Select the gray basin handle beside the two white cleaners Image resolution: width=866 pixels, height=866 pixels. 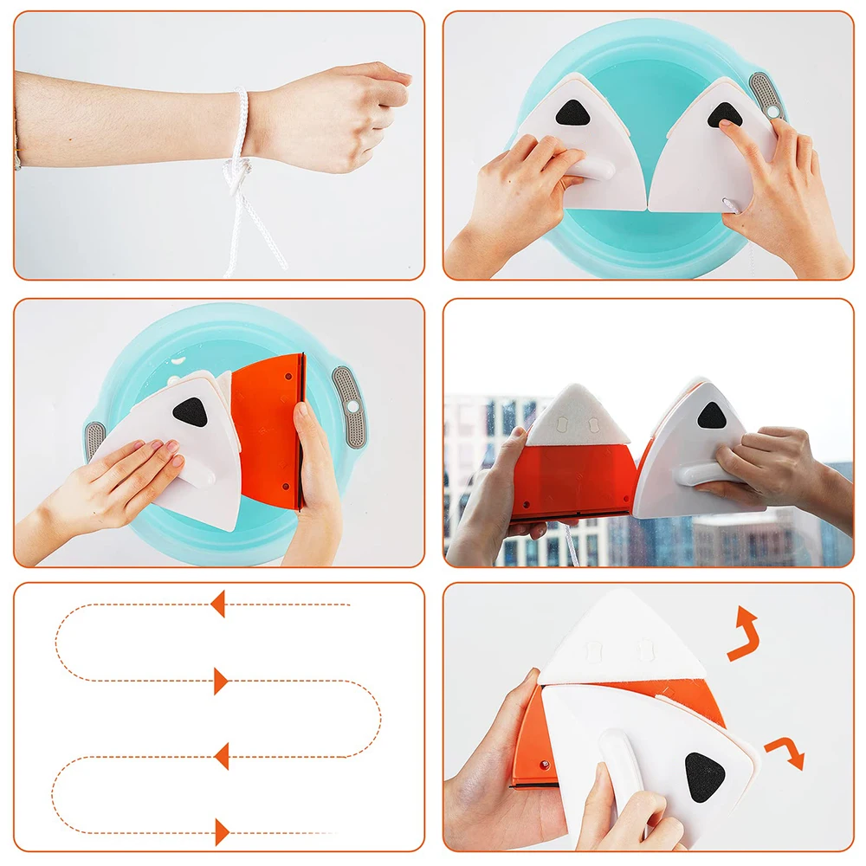tap(766, 95)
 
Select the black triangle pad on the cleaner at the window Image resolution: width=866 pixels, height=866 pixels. tap(711, 416)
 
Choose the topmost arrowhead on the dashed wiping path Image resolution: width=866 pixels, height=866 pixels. tap(217, 604)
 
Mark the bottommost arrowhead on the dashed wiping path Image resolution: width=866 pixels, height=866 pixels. tap(222, 832)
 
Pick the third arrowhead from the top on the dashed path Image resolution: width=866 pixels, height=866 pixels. tap(221, 756)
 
